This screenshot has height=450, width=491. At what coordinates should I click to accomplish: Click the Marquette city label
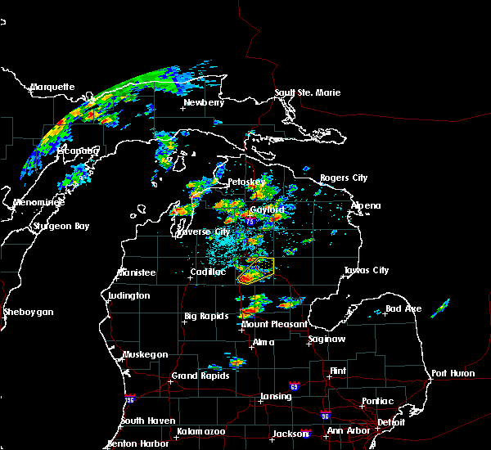(x=52, y=87)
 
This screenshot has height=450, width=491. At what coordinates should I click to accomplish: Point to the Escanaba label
(x=79, y=151)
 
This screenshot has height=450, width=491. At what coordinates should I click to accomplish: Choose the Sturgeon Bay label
(x=61, y=226)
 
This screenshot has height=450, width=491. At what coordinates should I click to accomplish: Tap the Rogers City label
(x=344, y=178)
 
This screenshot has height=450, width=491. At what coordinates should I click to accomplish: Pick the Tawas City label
(x=366, y=270)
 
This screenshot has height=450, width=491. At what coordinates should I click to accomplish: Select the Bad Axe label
(x=403, y=308)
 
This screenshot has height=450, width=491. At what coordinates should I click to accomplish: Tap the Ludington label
(x=128, y=295)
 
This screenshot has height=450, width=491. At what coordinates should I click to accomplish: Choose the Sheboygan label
(x=28, y=312)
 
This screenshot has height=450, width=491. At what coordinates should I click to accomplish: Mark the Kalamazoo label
(x=200, y=431)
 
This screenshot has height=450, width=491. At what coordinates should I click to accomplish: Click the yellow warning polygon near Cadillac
(x=255, y=270)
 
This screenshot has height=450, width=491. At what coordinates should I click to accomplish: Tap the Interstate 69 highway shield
(x=293, y=385)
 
